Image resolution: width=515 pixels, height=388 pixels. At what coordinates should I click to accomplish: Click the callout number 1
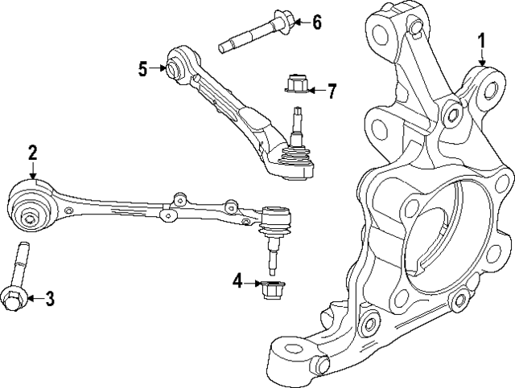pyautogui.click(x=482, y=39)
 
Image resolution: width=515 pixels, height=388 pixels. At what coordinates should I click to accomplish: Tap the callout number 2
pyautogui.click(x=33, y=152)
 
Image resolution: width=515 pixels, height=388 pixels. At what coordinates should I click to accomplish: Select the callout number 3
pyautogui.click(x=49, y=300)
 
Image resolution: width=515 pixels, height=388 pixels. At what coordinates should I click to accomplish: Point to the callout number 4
pyautogui.click(x=237, y=280)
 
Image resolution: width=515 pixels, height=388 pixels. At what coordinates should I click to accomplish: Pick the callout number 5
pyautogui.click(x=143, y=69)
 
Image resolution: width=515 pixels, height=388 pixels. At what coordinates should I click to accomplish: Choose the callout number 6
pyautogui.click(x=316, y=22)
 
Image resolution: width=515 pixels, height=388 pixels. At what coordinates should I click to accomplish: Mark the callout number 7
pyautogui.click(x=331, y=90)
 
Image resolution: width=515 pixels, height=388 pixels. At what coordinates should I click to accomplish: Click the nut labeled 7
pyautogui.click(x=295, y=84)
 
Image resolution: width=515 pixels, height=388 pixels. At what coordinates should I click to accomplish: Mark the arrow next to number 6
pyautogui.click(x=297, y=22)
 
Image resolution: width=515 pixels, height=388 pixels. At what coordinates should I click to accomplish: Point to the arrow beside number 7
pyautogui.click(x=314, y=90)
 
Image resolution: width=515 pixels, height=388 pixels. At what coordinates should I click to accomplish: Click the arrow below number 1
pyautogui.click(x=482, y=58)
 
